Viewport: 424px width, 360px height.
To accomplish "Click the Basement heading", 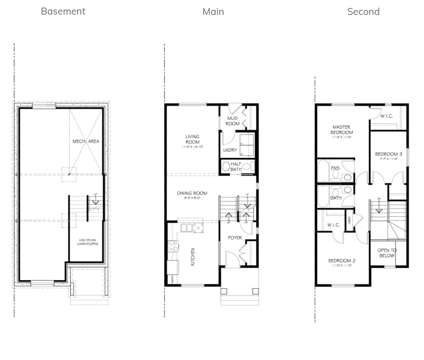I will click(63, 11).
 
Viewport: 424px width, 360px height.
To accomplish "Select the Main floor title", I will click(213, 12).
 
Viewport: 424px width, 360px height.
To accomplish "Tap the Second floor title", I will click(363, 12).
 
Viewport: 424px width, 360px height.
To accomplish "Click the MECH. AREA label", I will click(86, 141).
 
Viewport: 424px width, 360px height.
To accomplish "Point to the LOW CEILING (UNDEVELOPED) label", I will click(87, 242).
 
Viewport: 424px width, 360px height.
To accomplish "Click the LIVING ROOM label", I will click(192, 139).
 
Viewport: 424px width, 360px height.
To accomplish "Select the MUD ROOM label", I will click(233, 121).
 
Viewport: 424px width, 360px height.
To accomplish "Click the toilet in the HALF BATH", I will click(226, 167).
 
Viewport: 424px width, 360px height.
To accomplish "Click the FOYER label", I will click(235, 238).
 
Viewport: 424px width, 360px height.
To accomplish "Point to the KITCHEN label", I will click(193, 257).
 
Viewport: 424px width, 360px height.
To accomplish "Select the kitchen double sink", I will click(186, 228).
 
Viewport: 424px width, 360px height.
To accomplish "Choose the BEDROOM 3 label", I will click(389, 154).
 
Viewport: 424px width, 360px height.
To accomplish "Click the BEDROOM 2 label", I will click(342, 261).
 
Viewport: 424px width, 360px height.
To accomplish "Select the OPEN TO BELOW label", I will click(387, 253).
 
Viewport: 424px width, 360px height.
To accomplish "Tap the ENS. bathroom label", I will click(336, 167).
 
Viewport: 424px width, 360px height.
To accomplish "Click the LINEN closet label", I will click(349, 221).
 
